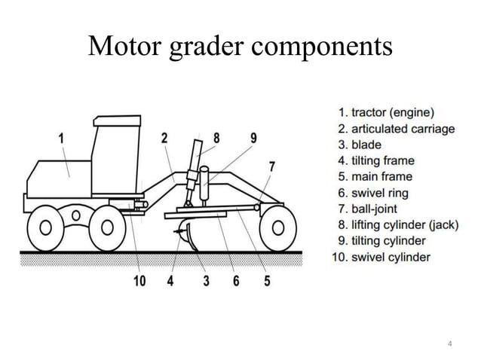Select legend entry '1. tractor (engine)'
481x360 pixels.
pyautogui.click(x=387, y=114)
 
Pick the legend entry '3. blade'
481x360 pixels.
pyautogui.click(x=360, y=145)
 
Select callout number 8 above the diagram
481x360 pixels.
pyautogui.click(x=216, y=138)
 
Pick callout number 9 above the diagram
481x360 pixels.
pyautogui.click(x=253, y=138)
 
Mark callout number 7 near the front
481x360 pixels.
pyautogui.click(x=271, y=166)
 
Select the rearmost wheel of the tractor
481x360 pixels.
pyautogui.click(x=47, y=226)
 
